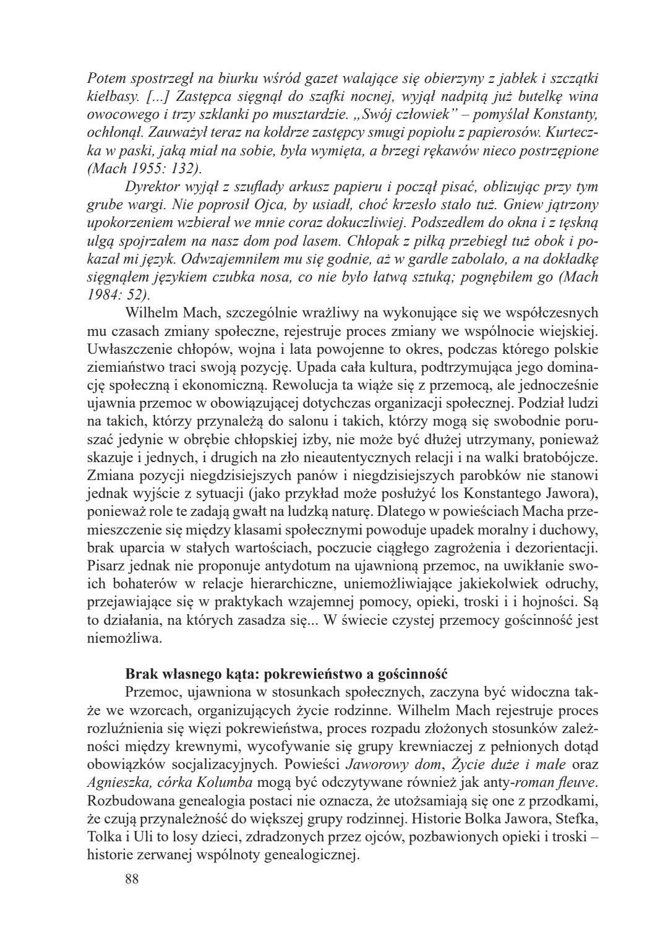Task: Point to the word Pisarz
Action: click(106, 565)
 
